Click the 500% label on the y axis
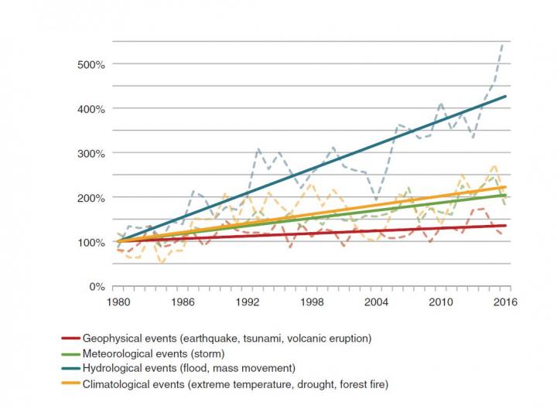pyautogui.click(x=91, y=64)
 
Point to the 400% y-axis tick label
pyautogui.click(x=91, y=109)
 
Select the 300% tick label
pyautogui.click(x=91, y=153)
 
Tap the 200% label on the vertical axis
pyautogui.click(x=91, y=198)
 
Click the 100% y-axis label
pyautogui.click(x=91, y=242)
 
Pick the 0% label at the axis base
pyautogui.click(x=97, y=287)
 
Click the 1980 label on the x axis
pyautogui.click(x=118, y=302)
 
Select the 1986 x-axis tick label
pyautogui.click(x=183, y=302)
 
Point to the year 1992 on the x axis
pyautogui.click(x=248, y=302)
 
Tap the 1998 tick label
pyautogui.click(x=312, y=302)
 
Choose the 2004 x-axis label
pyautogui.click(x=377, y=302)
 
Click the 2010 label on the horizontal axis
pyautogui.click(x=441, y=302)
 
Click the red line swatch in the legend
pyautogui.click(x=70, y=339)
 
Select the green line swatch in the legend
pyautogui.click(x=70, y=353)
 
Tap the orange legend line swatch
pyautogui.click(x=70, y=384)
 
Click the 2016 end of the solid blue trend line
pyautogui.click(x=506, y=97)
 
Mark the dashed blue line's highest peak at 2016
pyautogui.click(x=504, y=45)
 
